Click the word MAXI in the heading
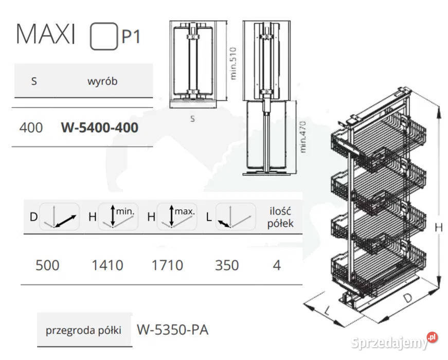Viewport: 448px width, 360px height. coord(46,35)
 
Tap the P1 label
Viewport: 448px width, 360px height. coord(131,37)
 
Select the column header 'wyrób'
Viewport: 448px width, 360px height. coord(102,81)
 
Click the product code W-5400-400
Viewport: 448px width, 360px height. coord(99,127)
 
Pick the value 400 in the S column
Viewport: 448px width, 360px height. coord(30,127)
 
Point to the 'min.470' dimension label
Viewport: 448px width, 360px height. coord(304,136)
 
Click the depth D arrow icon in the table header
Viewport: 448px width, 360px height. coord(59,217)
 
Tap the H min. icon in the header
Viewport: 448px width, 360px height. coord(118,217)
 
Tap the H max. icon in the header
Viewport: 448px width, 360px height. coord(177,217)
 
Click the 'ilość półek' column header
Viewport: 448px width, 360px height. coord(281,217)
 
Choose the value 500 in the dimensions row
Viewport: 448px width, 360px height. coord(47,265)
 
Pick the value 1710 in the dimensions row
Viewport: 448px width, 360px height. coord(167,265)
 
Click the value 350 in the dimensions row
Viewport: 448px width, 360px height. coord(227,265)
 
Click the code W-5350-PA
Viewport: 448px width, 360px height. coord(172,330)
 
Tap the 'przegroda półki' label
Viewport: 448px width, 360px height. coord(83,330)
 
